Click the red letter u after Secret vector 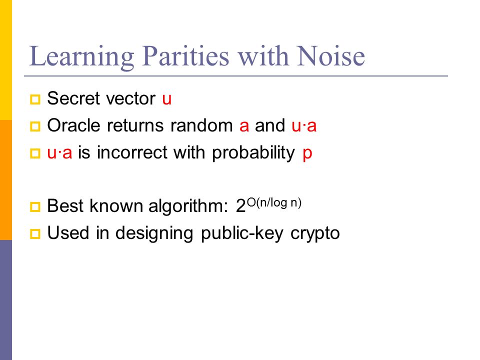click(167, 99)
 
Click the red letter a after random click(244, 126)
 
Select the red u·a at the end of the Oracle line click(303, 126)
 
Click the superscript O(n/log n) click(274, 203)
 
